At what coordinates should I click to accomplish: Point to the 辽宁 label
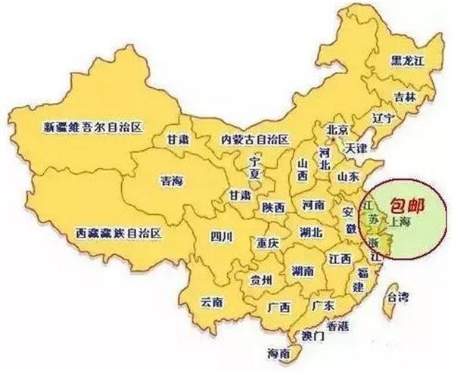click(362, 120)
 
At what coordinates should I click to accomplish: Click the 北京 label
click(335, 129)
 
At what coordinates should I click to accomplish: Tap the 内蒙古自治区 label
click(254, 139)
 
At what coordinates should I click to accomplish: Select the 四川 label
click(222, 238)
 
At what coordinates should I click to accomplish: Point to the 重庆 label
click(268, 244)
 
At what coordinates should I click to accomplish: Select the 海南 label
click(278, 353)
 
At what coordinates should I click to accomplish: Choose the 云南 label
click(211, 302)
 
